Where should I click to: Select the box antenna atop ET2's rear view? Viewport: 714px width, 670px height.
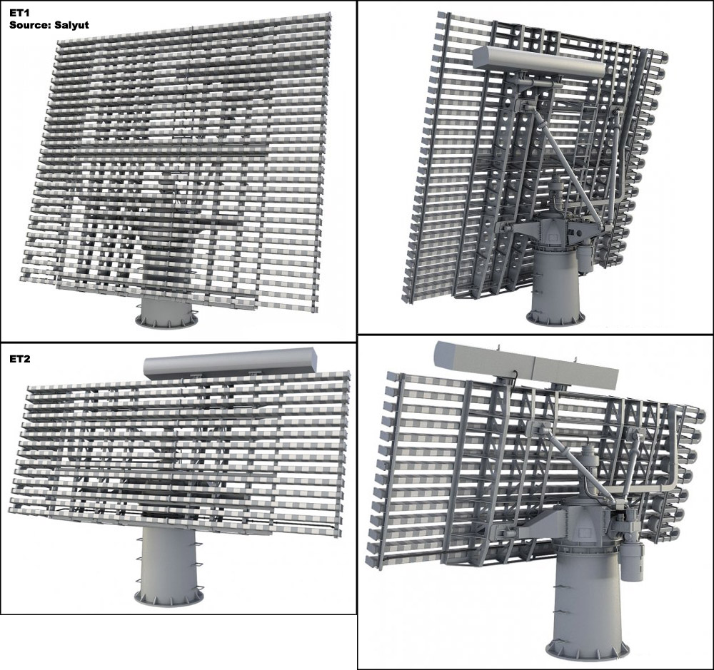(525, 364)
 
